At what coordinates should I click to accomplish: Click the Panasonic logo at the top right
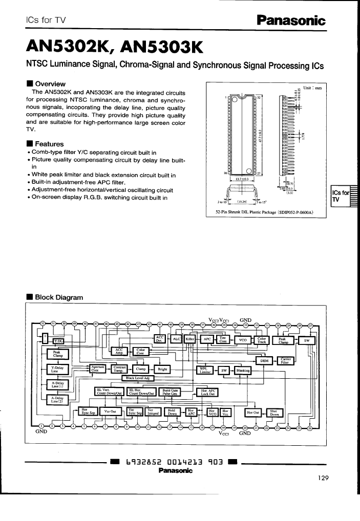tap(291, 20)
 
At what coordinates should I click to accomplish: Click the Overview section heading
tap(49, 83)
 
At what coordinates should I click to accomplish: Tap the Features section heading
tap(49, 144)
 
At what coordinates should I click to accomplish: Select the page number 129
tap(323, 478)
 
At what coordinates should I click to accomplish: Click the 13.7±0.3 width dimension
tap(242, 179)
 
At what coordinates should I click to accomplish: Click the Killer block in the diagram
tap(190, 339)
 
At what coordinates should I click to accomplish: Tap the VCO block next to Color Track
tap(242, 340)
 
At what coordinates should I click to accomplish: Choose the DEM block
tap(264, 360)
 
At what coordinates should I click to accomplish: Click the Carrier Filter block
tap(286, 360)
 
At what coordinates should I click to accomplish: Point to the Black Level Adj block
tap(137, 378)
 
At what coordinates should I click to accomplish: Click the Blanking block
tap(243, 371)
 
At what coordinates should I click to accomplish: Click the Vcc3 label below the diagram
tap(223, 433)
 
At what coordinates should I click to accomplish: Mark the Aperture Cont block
tap(97, 368)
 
